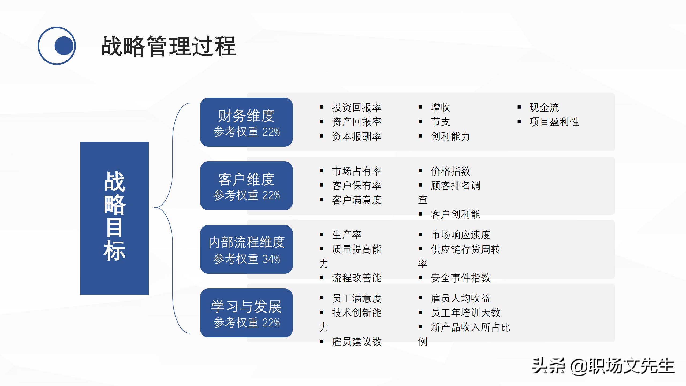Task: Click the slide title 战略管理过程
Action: (x=168, y=46)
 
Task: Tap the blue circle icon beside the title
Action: (x=57, y=46)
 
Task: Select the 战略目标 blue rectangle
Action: (x=114, y=218)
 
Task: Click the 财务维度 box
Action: (x=246, y=122)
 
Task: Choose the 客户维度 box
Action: (x=246, y=185)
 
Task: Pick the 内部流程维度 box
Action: (x=246, y=249)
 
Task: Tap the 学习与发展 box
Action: (x=246, y=313)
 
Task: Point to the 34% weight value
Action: (x=271, y=259)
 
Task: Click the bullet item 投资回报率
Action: (x=356, y=107)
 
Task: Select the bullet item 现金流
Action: (x=544, y=107)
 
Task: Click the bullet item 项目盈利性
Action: (x=554, y=122)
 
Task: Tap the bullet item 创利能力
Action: (x=450, y=136)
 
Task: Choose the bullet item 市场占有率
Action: (x=356, y=171)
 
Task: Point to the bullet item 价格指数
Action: (x=450, y=171)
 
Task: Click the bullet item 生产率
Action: (x=346, y=235)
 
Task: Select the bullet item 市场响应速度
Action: (x=460, y=235)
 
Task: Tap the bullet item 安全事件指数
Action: (x=460, y=278)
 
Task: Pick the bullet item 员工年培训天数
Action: (x=465, y=313)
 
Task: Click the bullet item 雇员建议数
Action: (x=356, y=342)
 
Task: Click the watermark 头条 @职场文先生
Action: (x=603, y=366)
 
